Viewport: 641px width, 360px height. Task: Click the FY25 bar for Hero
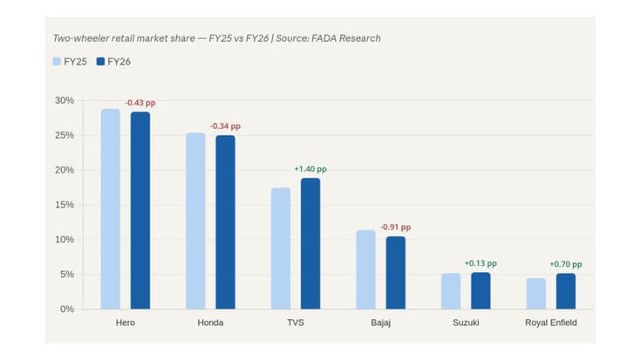[110, 209]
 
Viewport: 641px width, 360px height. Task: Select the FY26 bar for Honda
[225, 222]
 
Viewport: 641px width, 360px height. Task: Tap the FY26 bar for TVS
[310, 243]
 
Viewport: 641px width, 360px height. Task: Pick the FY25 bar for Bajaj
[366, 269]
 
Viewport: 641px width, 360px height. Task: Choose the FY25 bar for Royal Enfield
[536, 294]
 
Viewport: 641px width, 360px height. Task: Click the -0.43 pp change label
[140, 103]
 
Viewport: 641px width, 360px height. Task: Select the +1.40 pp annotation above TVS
[310, 169]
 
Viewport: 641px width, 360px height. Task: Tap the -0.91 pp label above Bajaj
[395, 228]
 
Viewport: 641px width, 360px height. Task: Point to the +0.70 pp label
[565, 264]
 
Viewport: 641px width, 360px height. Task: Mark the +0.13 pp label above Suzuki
[481, 263]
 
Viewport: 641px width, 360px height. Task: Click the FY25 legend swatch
[57, 62]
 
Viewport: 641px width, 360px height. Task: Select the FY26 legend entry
[113, 62]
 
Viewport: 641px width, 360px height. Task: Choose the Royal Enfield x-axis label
[550, 323]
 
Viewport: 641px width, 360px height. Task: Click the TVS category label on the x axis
[296, 323]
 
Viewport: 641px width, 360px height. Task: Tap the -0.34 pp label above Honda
[225, 126]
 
